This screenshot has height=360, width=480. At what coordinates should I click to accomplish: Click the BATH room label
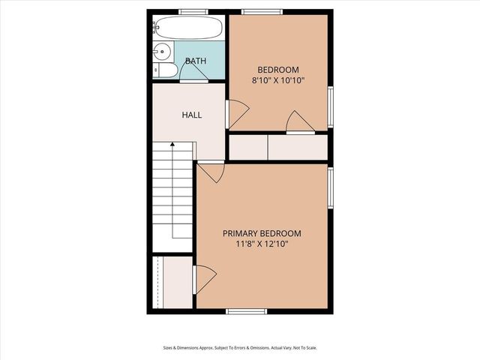[196, 61]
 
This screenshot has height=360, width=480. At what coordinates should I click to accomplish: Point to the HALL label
[192, 115]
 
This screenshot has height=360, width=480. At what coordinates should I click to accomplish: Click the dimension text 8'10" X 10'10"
[278, 79]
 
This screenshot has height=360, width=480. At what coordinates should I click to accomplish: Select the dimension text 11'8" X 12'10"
[262, 244]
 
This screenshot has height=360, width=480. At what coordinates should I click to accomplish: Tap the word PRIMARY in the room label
[241, 232]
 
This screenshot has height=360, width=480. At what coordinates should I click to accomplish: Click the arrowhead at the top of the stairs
[173, 143]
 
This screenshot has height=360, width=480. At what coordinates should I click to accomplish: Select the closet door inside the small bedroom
[299, 122]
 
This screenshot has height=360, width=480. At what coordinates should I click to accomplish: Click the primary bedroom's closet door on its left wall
[204, 279]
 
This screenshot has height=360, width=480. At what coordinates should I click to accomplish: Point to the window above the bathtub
[193, 11]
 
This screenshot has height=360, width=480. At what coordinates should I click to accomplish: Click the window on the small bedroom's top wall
[262, 11]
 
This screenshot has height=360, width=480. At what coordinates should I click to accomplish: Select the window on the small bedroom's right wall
[331, 107]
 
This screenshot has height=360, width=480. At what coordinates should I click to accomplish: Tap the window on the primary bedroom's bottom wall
[247, 310]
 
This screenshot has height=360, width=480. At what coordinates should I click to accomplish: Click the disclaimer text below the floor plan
[240, 347]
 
